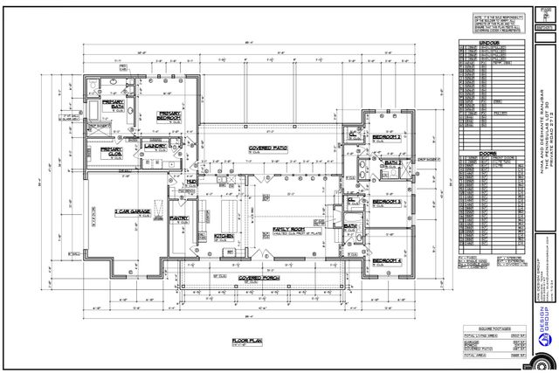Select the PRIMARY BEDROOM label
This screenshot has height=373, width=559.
point(169,115)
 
